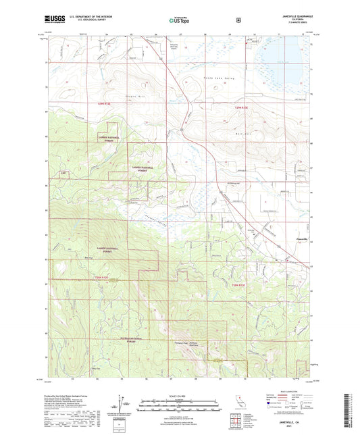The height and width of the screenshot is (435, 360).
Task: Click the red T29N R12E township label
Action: (97, 104)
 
